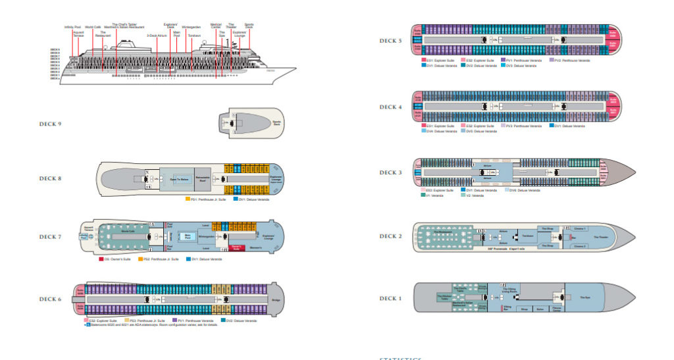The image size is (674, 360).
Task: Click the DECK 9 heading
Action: tap(50, 124)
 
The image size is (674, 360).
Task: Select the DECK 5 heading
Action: tap(390, 41)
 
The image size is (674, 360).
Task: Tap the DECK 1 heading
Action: tap(390, 298)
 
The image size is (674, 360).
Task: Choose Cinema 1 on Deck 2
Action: tap(580, 228)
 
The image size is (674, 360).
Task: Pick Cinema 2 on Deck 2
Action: tap(580, 245)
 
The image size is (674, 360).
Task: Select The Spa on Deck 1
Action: tap(584, 297)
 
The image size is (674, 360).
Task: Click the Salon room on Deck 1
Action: tap(540, 308)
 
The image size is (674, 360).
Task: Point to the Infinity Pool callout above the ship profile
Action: tap(72, 27)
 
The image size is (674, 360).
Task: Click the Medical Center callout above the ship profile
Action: tap(216, 26)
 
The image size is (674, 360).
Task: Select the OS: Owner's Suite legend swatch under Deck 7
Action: tap(101, 259)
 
